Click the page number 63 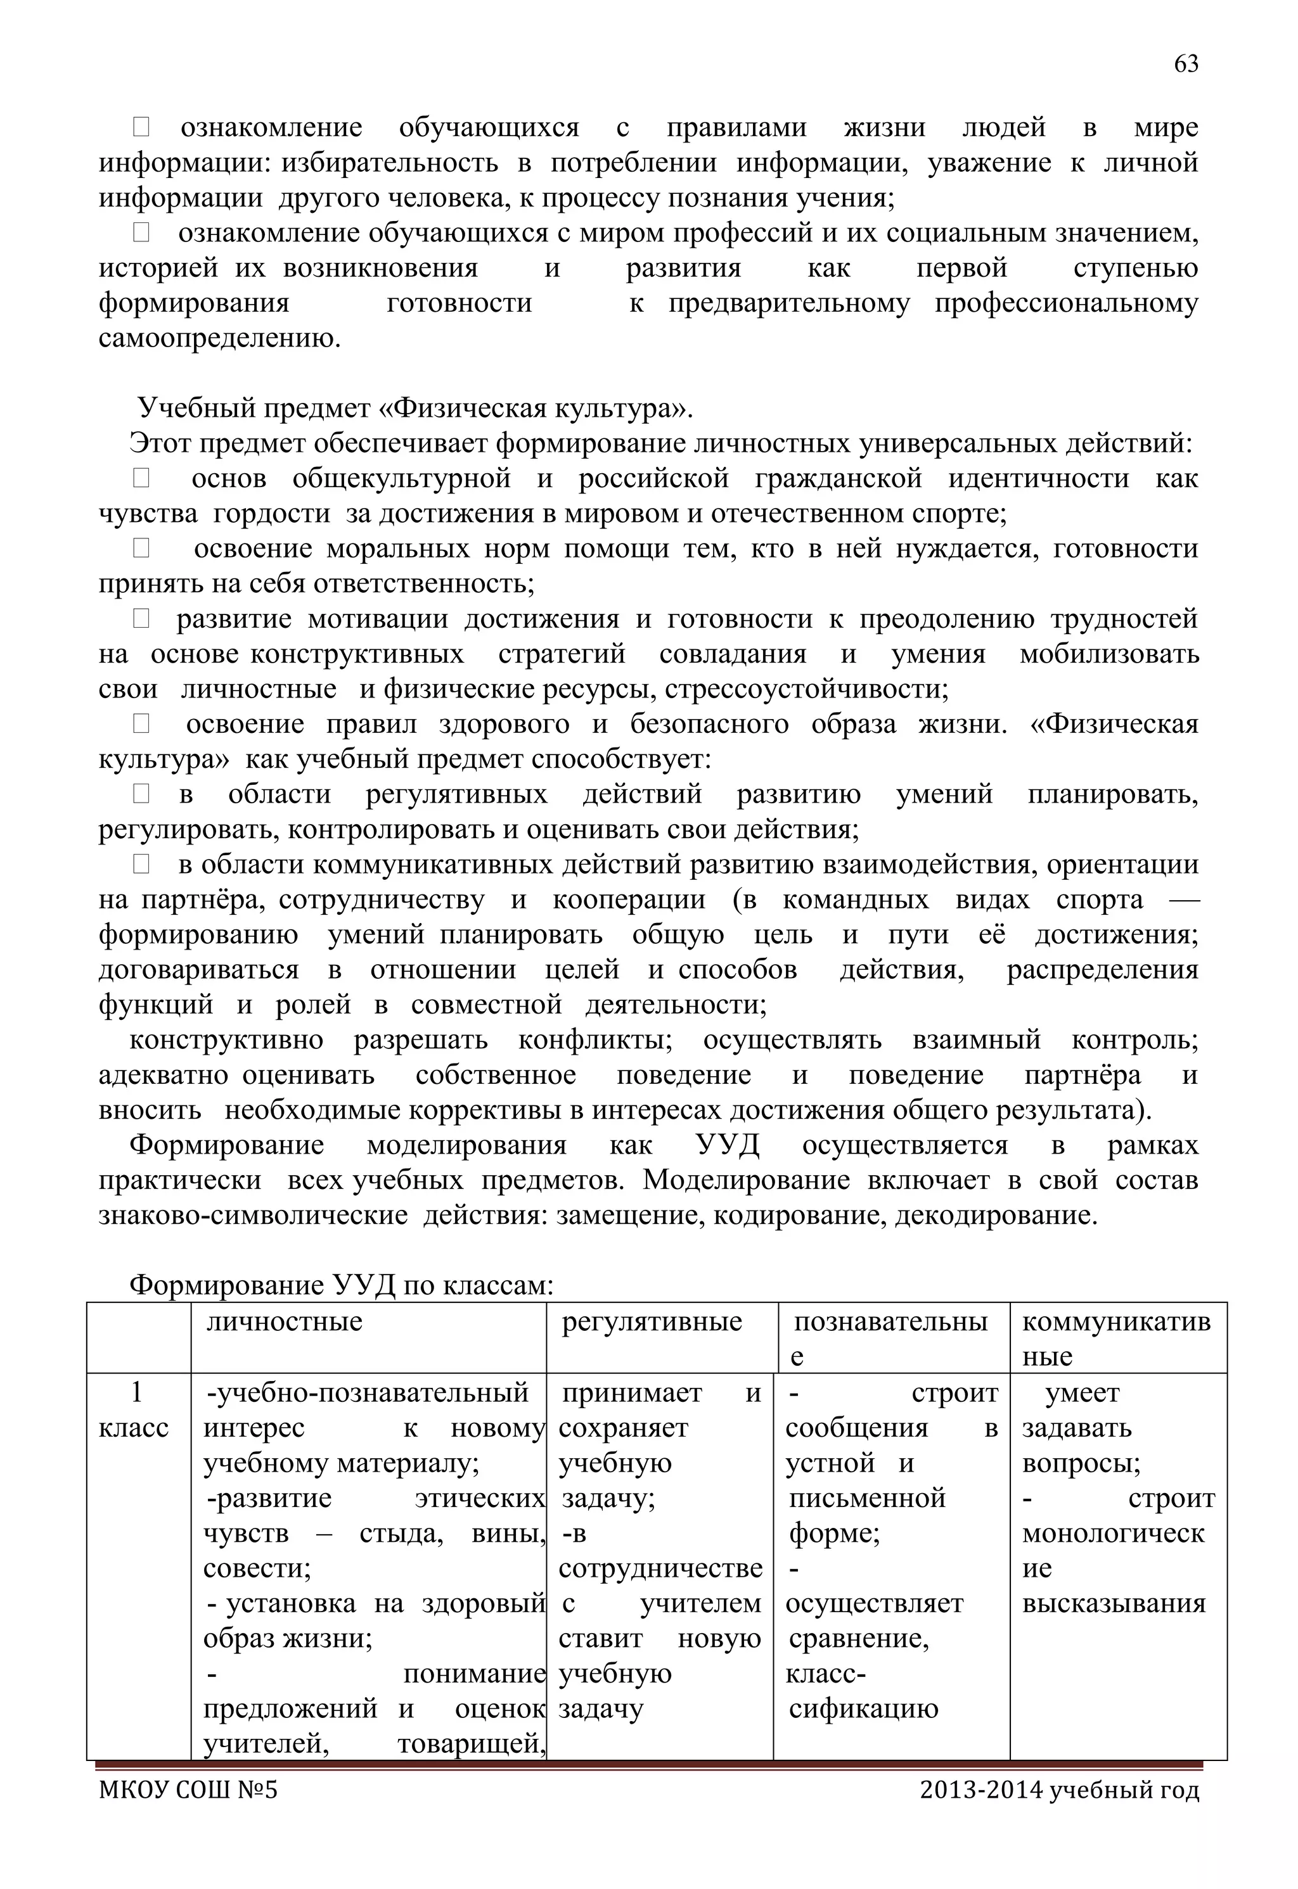(x=1186, y=64)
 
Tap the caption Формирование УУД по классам (x=342, y=1285)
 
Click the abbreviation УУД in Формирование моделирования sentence (x=727, y=1145)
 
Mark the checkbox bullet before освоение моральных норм (x=141, y=549)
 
